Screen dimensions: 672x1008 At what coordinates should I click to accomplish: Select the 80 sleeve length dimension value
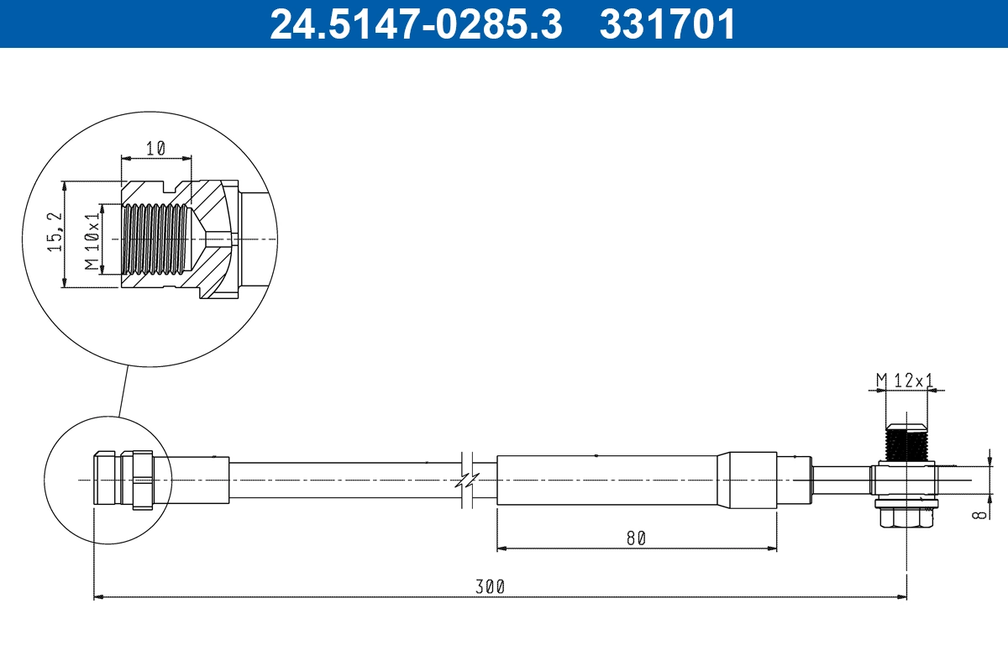tap(636, 538)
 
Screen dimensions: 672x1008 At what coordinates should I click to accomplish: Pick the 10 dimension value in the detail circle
tap(155, 148)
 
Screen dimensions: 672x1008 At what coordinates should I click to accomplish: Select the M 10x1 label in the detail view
tap(92, 239)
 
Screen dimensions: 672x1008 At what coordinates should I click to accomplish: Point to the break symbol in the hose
tap(468, 480)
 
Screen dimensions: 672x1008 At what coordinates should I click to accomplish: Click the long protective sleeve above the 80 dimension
tap(605, 480)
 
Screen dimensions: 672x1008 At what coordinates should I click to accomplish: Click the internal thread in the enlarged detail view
tap(155, 239)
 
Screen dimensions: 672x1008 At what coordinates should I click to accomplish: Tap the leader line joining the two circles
tap(124, 391)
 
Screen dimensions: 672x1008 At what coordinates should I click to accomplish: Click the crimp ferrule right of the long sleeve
tap(752, 480)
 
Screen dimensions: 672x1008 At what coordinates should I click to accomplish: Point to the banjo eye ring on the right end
tap(906, 480)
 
